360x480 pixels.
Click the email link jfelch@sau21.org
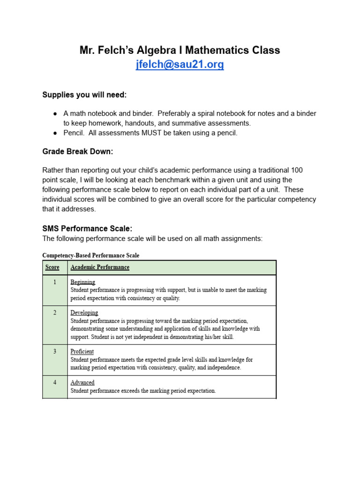180,65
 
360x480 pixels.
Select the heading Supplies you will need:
84,95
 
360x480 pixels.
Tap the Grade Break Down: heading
78,151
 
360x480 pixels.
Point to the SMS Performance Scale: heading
87,228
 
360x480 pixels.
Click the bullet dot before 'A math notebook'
55,114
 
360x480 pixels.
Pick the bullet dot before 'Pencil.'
55,133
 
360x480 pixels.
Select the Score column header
52,267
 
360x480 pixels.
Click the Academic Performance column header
100,267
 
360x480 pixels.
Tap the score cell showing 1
55,282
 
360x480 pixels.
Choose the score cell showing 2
55,313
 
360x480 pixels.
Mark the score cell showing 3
55,352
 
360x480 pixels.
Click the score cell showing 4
55,382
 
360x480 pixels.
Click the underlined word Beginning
83,282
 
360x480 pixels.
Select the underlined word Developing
84,313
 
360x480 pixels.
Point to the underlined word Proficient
82,352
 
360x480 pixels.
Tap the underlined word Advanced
82,382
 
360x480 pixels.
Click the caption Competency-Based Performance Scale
90,255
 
